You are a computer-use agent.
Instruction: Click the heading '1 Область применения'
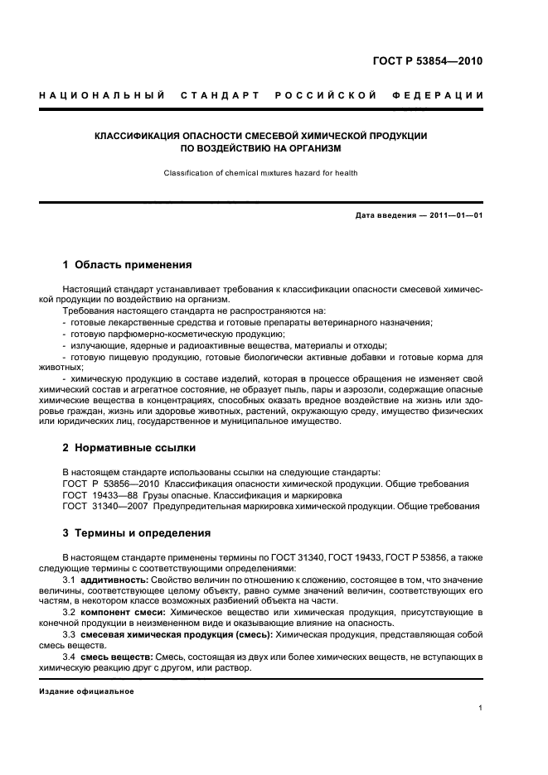coord(128,265)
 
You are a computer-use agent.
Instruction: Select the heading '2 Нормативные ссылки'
coord(129,448)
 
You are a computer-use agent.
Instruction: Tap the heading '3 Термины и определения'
coord(137,532)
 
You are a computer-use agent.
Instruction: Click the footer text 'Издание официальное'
coord(86,691)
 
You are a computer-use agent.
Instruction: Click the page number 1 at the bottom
coord(481,708)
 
